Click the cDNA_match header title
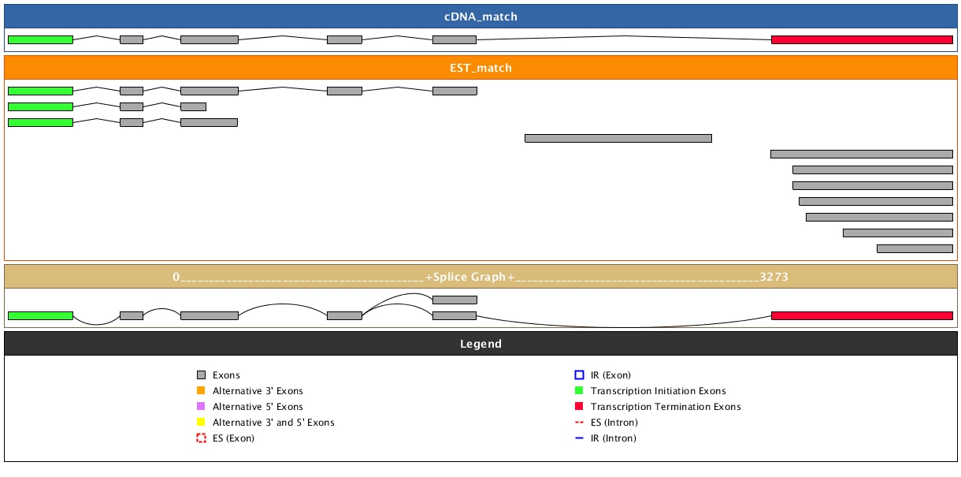pyautogui.click(x=480, y=17)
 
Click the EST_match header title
pyautogui.click(x=480, y=68)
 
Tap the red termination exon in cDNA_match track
pyautogui.click(x=862, y=39)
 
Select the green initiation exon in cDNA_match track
pyautogui.click(x=40, y=39)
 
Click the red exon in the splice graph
pyautogui.click(x=862, y=315)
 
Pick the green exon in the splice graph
pyautogui.click(x=40, y=315)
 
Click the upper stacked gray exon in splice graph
pyautogui.click(x=455, y=300)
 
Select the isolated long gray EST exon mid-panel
pyautogui.click(x=618, y=138)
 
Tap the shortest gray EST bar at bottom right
pyautogui.click(x=915, y=248)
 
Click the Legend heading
pyautogui.click(x=480, y=344)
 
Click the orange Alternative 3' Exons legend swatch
pyautogui.click(x=201, y=391)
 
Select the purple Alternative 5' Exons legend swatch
pyautogui.click(x=201, y=407)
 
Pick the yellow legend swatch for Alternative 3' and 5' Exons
pyautogui.click(x=201, y=423)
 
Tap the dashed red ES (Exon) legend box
pyautogui.click(x=201, y=438)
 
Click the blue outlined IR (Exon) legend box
pyautogui.click(x=579, y=375)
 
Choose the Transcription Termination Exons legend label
pyautogui.click(x=666, y=407)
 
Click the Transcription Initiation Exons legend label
pyautogui.click(x=658, y=391)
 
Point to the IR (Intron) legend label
pyautogui.click(x=614, y=438)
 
